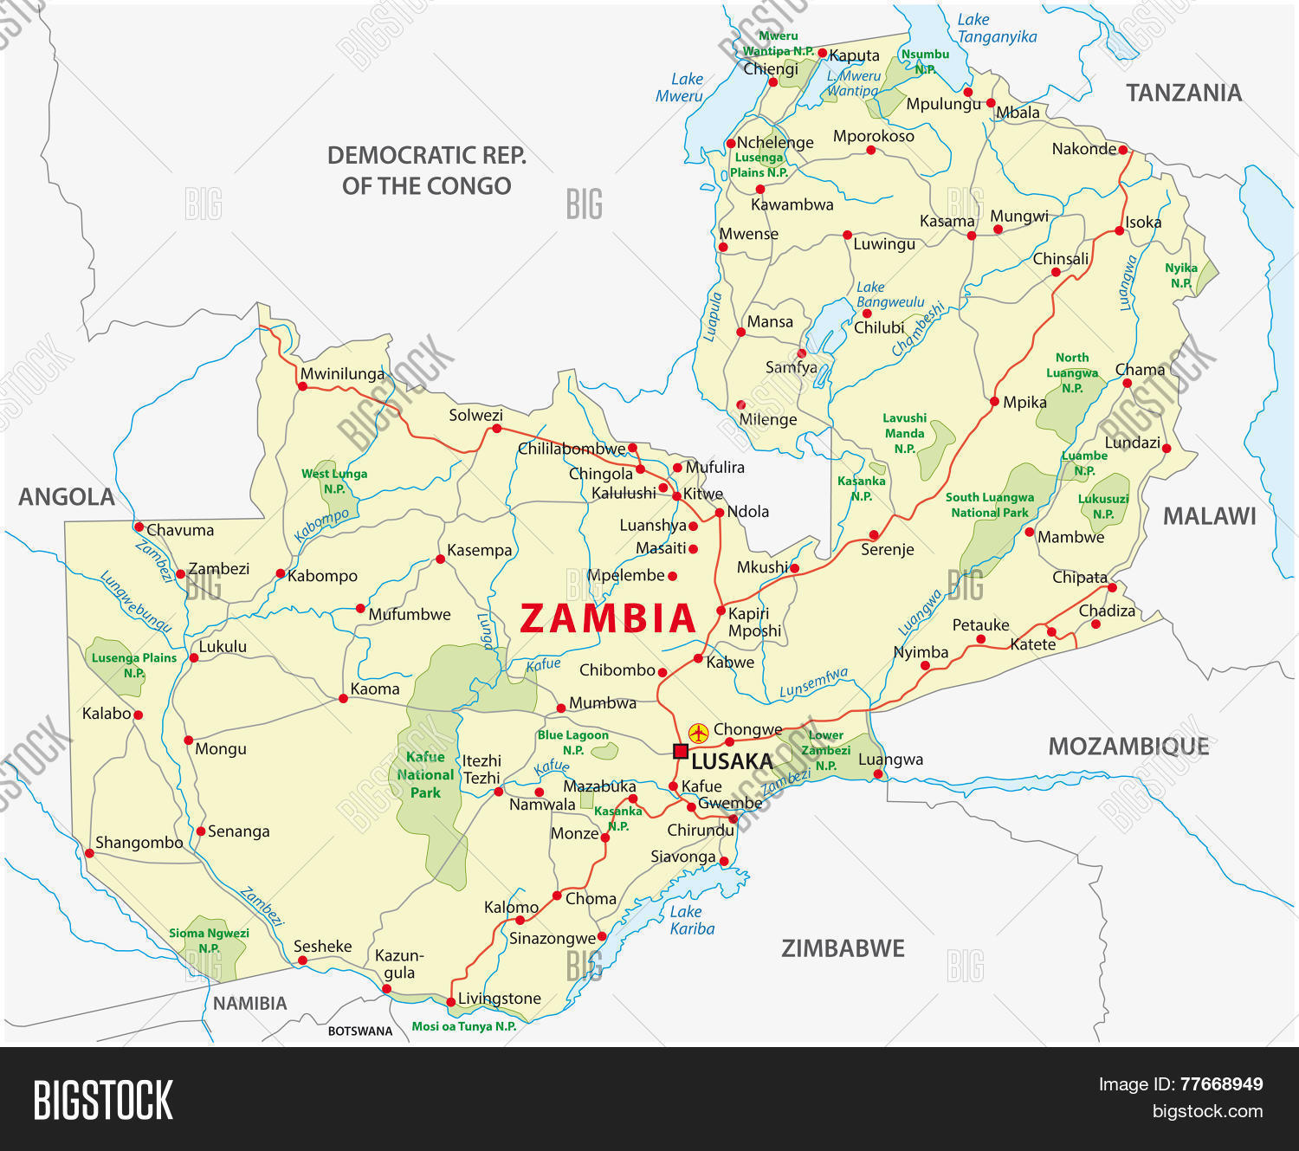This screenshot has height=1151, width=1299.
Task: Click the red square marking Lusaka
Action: (x=680, y=751)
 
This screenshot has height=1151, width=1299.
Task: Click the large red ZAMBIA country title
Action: (x=608, y=618)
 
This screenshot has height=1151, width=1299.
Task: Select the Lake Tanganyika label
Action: (x=996, y=29)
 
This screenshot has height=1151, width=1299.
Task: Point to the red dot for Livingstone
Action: (x=450, y=1002)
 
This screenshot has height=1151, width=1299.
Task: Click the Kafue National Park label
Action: (x=425, y=775)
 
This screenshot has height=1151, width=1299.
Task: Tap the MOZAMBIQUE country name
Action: (x=1128, y=747)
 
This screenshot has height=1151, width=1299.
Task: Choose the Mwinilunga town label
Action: (x=342, y=374)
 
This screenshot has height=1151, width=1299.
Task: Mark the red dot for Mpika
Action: (x=994, y=402)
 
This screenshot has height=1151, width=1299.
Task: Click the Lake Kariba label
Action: (x=692, y=920)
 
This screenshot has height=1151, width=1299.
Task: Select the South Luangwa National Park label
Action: (x=989, y=505)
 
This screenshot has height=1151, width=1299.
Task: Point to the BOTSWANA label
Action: (x=359, y=1031)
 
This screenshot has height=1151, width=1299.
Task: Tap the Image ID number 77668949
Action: (x=1221, y=1084)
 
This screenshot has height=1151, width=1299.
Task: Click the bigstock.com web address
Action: (x=1207, y=1111)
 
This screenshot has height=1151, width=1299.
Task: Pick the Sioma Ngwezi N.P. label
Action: (x=209, y=941)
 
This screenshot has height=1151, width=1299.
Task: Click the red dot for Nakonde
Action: (x=1123, y=150)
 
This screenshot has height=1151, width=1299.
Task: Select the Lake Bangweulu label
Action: (x=889, y=294)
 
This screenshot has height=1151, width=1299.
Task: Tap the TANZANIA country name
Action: (x=1183, y=93)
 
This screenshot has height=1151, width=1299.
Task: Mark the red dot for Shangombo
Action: (x=89, y=853)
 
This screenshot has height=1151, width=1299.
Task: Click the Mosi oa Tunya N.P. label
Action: (x=463, y=1026)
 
